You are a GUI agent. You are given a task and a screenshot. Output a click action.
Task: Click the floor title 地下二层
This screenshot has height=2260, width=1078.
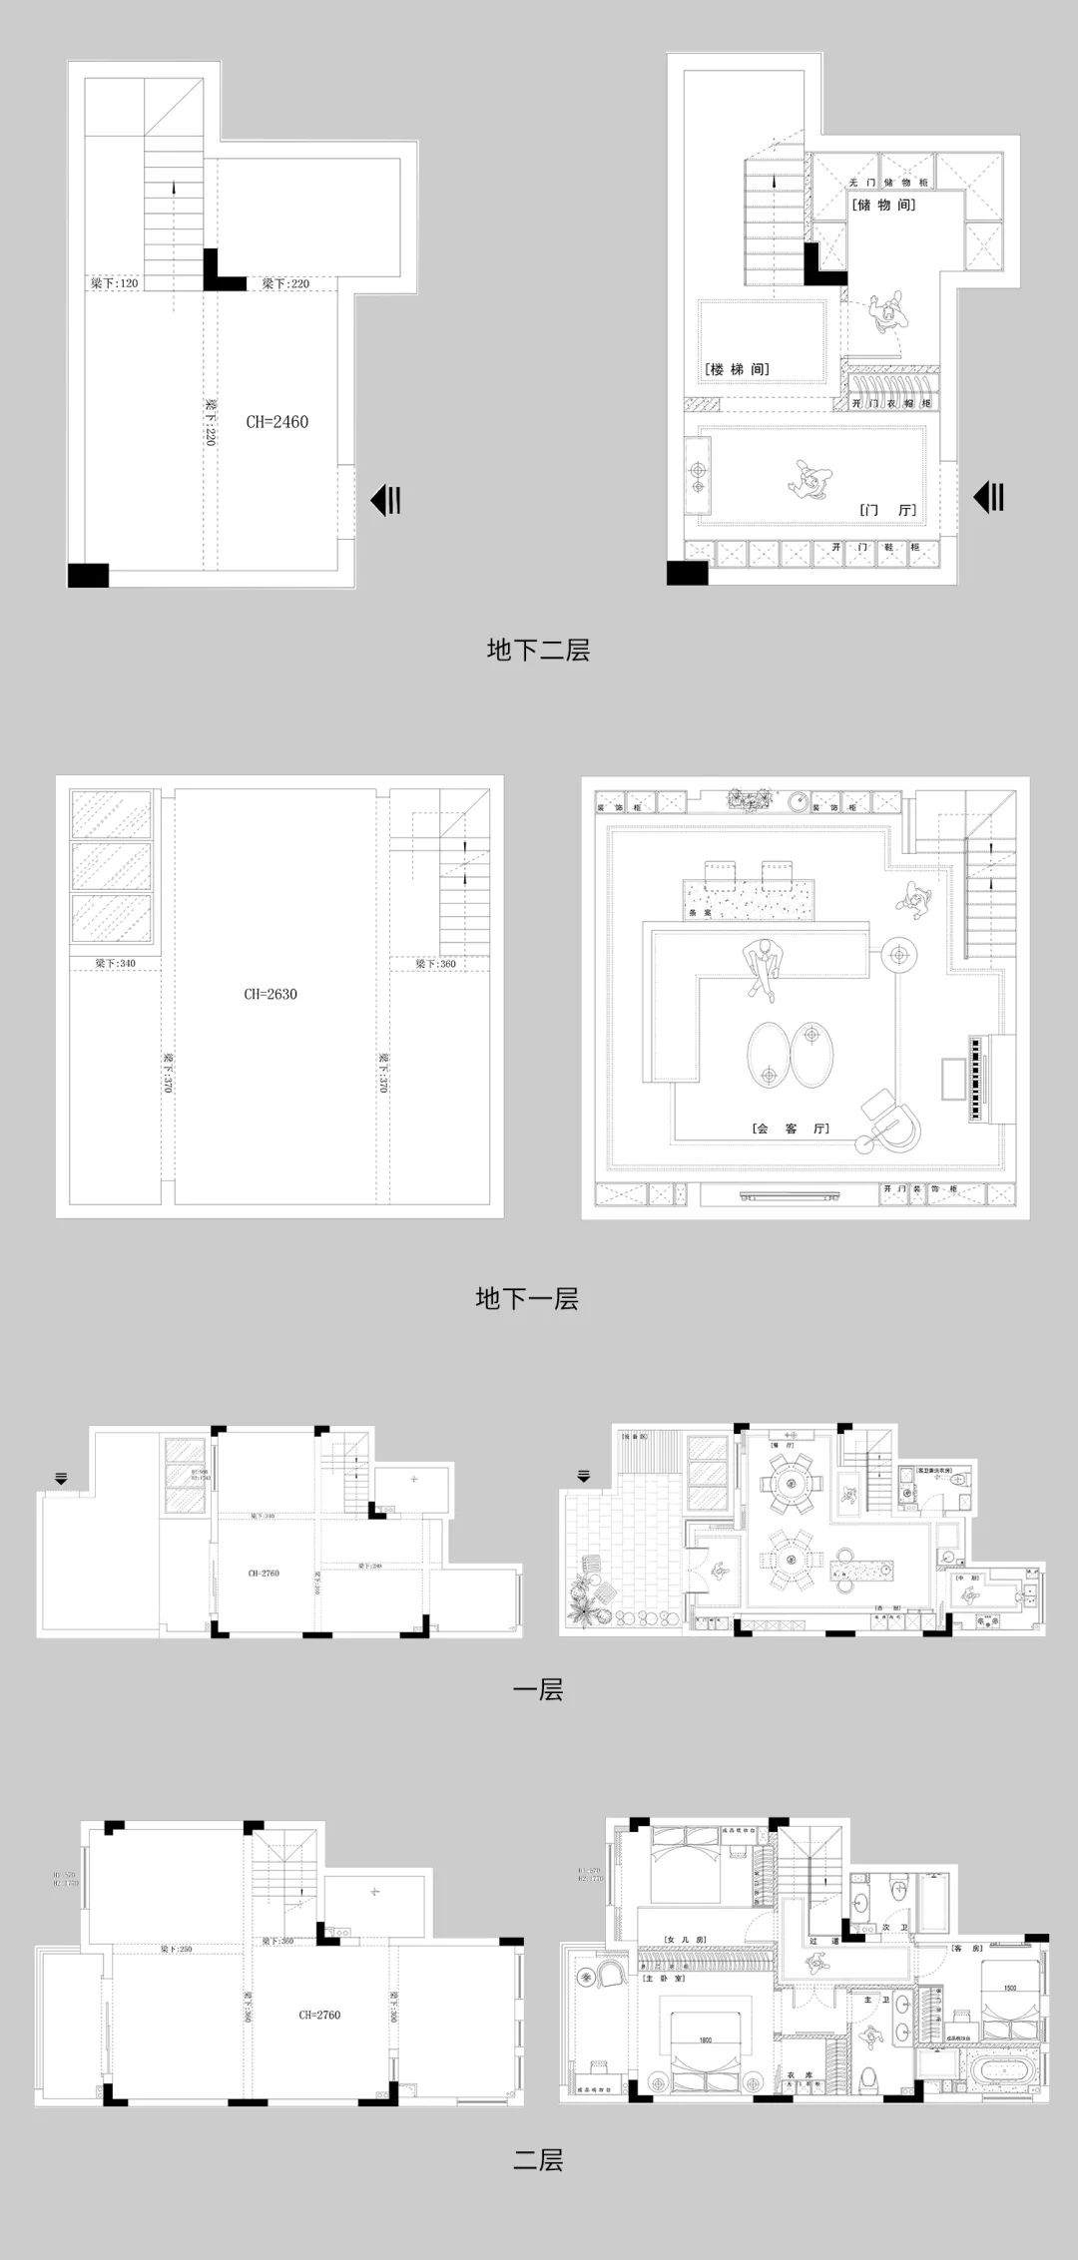(538, 651)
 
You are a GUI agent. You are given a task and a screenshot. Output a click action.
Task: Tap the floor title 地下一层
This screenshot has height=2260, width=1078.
(527, 1298)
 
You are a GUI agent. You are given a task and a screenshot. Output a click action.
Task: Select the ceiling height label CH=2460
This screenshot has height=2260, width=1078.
(277, 422)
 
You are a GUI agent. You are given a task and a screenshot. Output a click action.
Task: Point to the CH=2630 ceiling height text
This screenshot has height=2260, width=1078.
(270, 994)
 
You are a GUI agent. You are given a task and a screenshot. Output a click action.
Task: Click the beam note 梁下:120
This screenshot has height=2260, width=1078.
(114, 283)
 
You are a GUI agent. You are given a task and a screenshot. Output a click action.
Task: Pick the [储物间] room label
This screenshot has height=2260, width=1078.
(883, 205)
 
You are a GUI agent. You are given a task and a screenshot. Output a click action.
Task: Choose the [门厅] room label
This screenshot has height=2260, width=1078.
(887, 510)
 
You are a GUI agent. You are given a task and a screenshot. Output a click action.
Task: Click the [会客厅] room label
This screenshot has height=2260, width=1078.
(792, 1130)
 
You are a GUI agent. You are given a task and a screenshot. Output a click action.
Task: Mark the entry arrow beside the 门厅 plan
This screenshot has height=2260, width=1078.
(988, 496)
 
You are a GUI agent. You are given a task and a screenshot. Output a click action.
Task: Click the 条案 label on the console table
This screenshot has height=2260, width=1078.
(700, 912)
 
